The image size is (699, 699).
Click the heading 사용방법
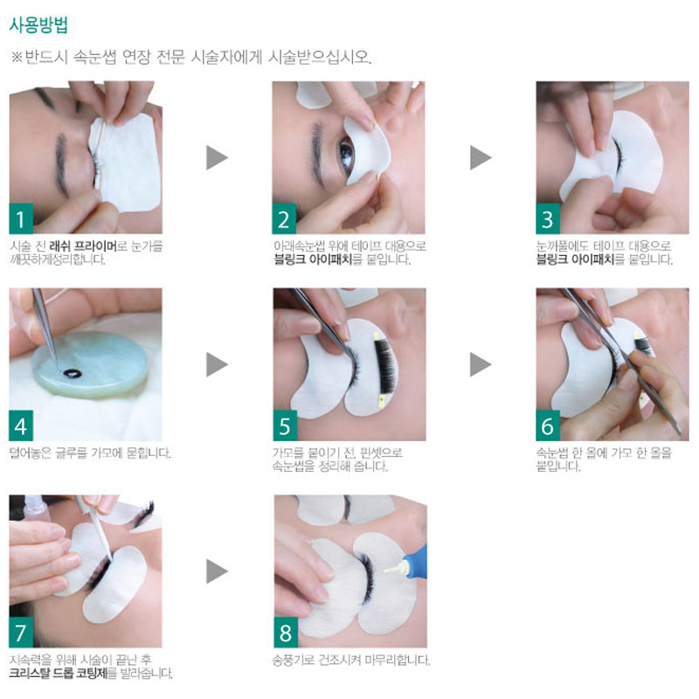(x=38, y=25)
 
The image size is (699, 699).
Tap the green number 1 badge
(x=21, y=218)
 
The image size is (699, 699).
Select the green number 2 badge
(x=284, y=218)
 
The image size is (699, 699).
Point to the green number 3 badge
(x=548, y=218)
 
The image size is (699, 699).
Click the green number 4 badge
(x=21, y=426)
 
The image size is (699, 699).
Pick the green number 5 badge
(x=285, y=426)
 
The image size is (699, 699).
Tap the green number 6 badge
(x=548, y=426)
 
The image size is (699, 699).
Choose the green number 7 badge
(x=21, y=633)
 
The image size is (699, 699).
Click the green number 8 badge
(x=286, y=633)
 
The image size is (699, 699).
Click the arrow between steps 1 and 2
(x=217, y=158)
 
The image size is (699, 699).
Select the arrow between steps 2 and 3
(x=481, y=158)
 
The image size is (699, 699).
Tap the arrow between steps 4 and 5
(x=217, y=364)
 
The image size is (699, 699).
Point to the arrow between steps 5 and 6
(x=481, y=364)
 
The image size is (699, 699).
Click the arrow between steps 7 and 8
(x=217, y=571)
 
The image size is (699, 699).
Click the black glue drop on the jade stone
(x=73, y=373)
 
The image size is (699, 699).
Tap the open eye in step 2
(x=346, y=156)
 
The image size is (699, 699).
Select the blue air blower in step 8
(x=414, y=563)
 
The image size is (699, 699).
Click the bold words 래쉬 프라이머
(x=83, y=246)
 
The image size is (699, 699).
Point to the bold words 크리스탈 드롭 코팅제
(x=58, y=673)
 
